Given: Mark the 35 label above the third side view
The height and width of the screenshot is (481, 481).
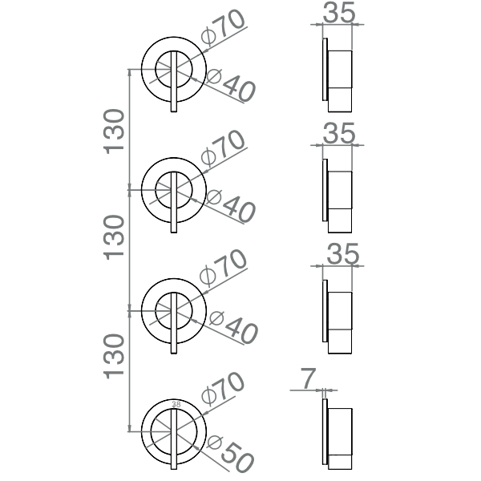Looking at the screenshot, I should click(x=342, y=255).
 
